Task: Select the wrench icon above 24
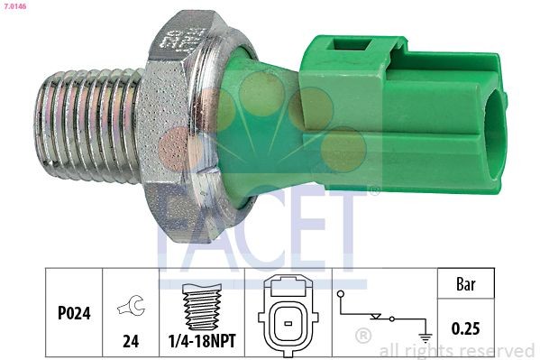tap(131, 308)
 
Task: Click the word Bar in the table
tap(466, 285)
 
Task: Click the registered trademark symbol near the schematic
tap(363, 336)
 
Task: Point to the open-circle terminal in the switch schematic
tap(339, 294)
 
